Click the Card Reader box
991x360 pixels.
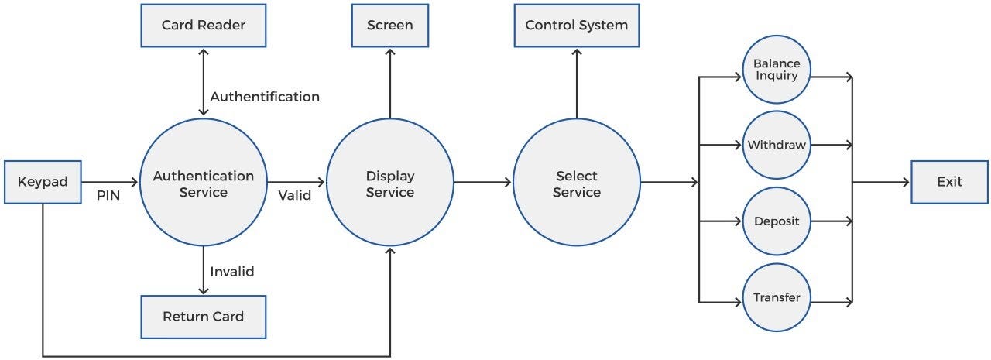click(x=203, y=25)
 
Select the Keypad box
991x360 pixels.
click(x=43, y=182)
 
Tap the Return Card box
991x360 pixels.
click(x=203, y=316)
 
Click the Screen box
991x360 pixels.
click(x=389, y=25)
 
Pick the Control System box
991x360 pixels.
click(x=577, y=25)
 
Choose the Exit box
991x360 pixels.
click(x=949, y=182)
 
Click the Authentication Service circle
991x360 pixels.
click(x=203, y=183)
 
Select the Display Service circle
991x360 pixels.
click(x=390, y=183)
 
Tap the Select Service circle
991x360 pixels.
click(x=577, y=183)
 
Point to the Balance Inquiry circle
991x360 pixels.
click(x=777, y=70)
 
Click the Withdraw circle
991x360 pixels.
click(x=777, y=145)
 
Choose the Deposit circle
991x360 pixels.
click(x=777, y=221)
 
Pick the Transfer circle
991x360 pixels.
click(x=777, y=297)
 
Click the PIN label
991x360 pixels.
click(x=108, y=196)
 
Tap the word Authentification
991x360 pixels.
click(x=265, y=97)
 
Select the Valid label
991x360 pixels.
click(x=295, y=195)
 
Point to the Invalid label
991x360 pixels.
click(x=232, y=272)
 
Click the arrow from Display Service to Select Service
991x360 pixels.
click(x=483, y=183)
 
